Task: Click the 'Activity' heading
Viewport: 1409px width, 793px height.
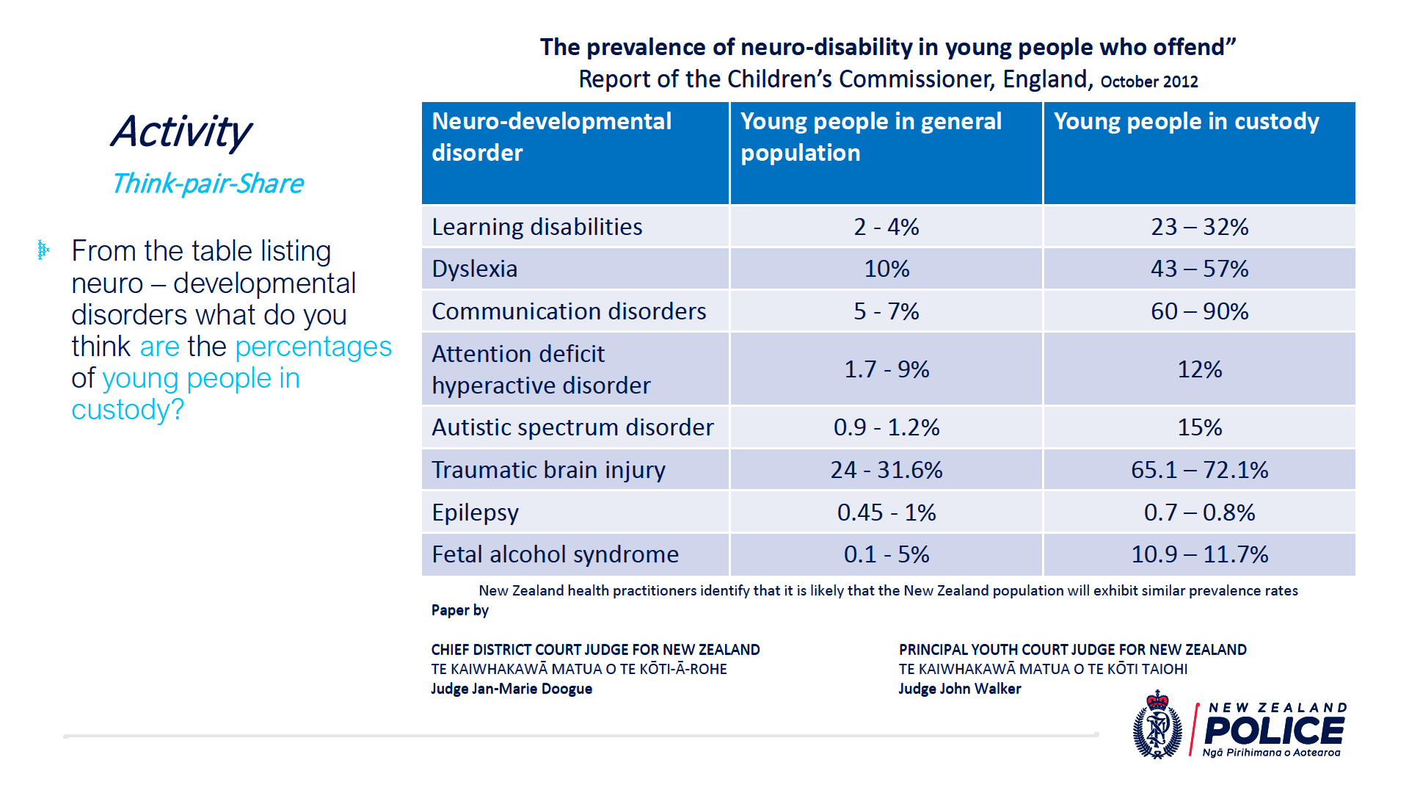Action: [181, 132]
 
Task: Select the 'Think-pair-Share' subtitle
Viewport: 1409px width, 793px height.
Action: [208, 184]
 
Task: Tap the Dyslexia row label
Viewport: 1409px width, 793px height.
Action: [475, 269]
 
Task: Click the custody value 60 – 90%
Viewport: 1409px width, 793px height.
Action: [1199, 311]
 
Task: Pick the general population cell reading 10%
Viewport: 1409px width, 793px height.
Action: [886, 269]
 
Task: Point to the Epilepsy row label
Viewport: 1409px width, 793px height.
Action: [475, 513]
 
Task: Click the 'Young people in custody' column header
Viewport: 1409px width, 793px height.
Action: [1186, 121]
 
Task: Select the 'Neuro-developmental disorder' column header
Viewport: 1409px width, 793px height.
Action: [551, 137]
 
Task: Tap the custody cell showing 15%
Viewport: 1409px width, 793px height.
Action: [1199, 427]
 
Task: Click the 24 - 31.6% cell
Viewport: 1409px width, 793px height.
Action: [886, 470]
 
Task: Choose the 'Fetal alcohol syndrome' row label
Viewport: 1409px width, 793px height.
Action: [555, 554]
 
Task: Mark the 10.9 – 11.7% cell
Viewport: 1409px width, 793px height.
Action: [1199, 554]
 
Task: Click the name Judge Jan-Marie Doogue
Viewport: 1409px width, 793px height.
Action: [511, 689]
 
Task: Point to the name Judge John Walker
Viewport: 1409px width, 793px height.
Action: [960, 689]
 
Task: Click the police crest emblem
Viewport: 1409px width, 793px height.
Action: [1157, 725]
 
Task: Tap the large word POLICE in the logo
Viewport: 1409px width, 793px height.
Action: [1275, 731]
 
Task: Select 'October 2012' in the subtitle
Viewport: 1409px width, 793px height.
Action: [1149, 82]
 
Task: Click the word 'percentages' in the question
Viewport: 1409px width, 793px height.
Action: [313, 347]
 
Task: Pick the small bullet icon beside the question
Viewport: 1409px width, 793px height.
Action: [43, 250]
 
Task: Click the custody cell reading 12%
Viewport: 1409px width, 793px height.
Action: [1199, 369]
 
